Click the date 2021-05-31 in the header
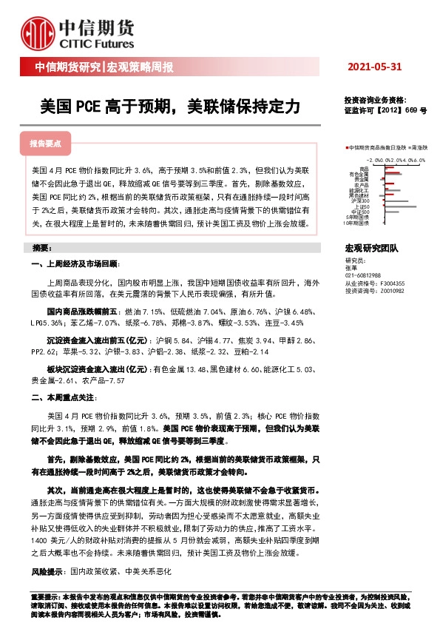point(374,67)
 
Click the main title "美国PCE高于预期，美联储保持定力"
point(170,107)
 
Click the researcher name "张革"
point(351,268)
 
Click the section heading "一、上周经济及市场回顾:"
point(75,264)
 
